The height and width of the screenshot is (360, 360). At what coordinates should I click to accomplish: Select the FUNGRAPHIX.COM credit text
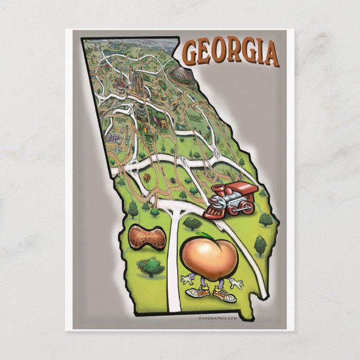click(x=218, y=318)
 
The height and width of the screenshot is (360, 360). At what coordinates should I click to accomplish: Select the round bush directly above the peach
click(x=192, y=223)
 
